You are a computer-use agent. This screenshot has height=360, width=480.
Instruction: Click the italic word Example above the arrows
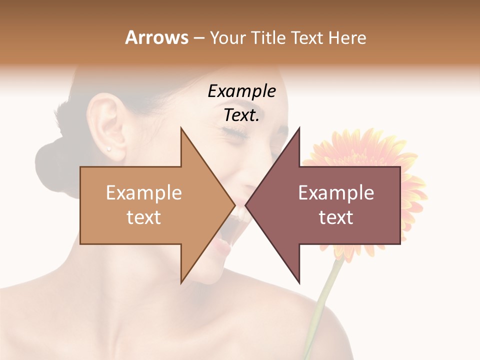click(241, 91)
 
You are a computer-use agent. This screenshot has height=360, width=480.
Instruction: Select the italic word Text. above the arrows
click(241, 115)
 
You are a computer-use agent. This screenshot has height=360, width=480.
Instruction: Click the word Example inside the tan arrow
click(144, 193)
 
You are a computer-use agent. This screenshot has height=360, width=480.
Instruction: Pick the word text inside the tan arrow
click(144, 217)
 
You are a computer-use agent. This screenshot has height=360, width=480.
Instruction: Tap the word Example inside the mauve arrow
click(336, 193)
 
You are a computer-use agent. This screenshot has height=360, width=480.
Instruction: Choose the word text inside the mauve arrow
click(336, 217)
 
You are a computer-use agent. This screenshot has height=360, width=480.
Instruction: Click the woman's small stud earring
click(109, 148)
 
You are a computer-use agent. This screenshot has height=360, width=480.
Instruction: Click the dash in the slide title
click(198, 38)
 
